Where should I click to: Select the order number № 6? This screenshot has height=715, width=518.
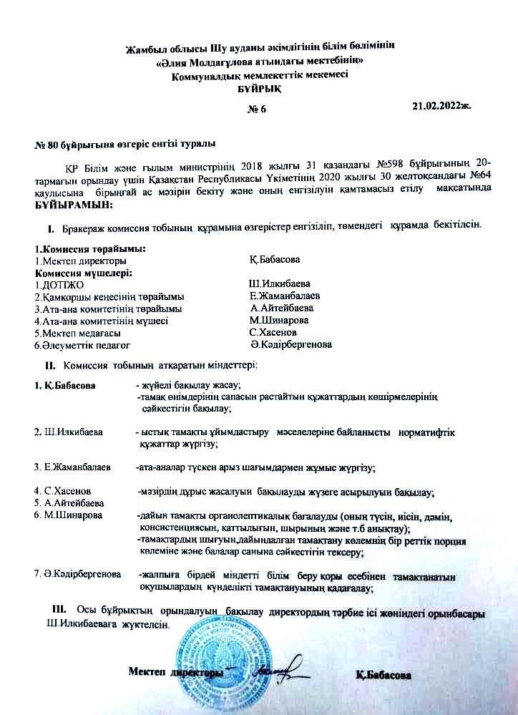pyautogui.click(x=256, y=110)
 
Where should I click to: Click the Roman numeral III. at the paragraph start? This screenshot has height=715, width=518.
pyautogui.click(x=59, y=608)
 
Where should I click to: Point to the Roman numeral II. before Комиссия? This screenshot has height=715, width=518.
pyautogui.click(x=50, y=366)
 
